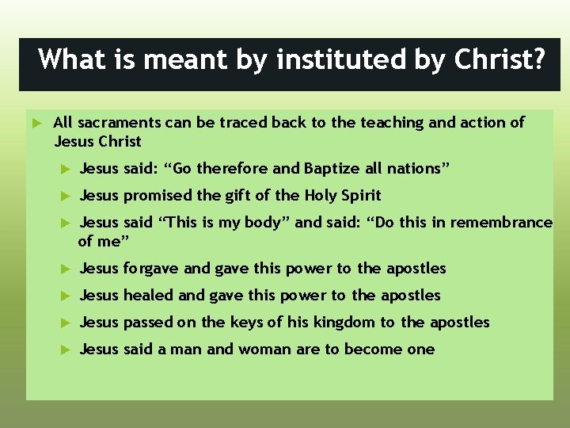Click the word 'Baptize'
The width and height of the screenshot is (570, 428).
click(x=329, y=168)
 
